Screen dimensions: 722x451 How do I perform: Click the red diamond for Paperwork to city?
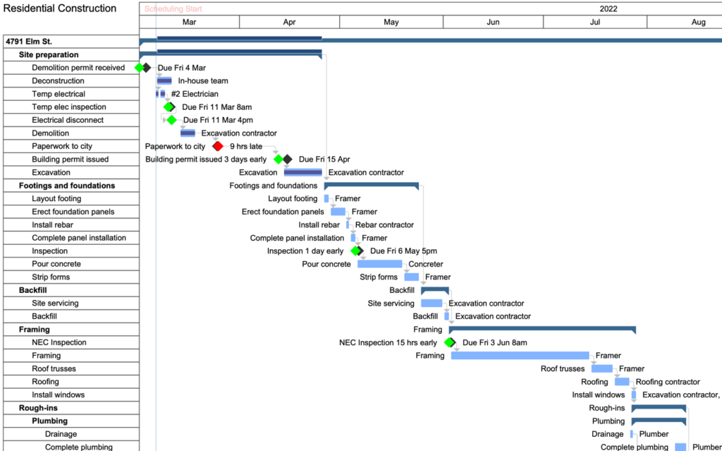pos(218,146)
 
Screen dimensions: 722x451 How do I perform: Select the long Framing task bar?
pos(520,356)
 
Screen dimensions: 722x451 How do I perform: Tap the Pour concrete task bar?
pos(379,264)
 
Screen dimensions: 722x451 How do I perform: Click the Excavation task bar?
pos(302,172)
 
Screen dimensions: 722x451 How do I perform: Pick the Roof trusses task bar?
pos(602,368)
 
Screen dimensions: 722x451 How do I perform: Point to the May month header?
pos(391,22)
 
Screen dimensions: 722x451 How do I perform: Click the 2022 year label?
pos(608,8)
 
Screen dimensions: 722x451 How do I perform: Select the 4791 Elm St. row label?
pos(28,42)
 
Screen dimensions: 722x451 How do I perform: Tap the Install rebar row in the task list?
pos(52,225)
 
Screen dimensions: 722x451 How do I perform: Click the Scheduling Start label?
pos(173,8)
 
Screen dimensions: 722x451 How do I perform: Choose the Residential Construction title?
pos(60,8)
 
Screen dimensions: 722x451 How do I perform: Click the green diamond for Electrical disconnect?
pos(172,120)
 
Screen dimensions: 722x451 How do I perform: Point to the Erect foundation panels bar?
pos(338,212)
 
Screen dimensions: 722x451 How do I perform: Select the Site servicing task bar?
pos(432,303)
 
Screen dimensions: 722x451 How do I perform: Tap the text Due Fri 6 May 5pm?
pos(404,251)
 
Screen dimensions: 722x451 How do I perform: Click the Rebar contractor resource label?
pos(384,225)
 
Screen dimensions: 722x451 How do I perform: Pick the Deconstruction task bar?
pos(164,80)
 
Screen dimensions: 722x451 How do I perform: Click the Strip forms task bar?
pos(412,277)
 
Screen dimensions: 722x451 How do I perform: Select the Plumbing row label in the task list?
pos(50,421)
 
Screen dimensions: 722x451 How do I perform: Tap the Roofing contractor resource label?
pos(668,382)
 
